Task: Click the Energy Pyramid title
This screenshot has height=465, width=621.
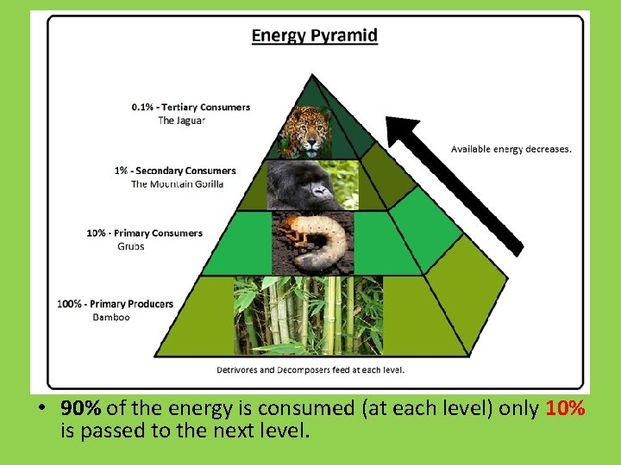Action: (x=314, y=36)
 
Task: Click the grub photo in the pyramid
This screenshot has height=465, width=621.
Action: (x=312, y=243)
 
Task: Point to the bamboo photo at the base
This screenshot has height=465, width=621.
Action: (x=308, y=315)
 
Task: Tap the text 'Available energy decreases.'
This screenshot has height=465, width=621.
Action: (x=511, y=149)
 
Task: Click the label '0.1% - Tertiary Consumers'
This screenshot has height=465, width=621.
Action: (x=191, y=108)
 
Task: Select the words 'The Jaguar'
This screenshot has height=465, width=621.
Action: (x=182, y=121)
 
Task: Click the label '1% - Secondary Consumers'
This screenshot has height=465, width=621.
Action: (x=175, y=170)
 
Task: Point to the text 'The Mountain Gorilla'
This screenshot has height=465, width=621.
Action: (x=177, y=184)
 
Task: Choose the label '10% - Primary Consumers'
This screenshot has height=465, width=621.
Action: (x=144, y=232)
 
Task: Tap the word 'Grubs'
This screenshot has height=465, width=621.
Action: (x=131, y=246)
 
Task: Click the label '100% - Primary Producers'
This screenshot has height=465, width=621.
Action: (x=115, y=304)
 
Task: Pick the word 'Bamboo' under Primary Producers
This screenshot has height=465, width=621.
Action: (x=111, y=317)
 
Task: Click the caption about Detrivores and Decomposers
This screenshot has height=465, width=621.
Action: (x=310, y=370)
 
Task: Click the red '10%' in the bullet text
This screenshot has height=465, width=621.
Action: (x=566, y=408)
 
